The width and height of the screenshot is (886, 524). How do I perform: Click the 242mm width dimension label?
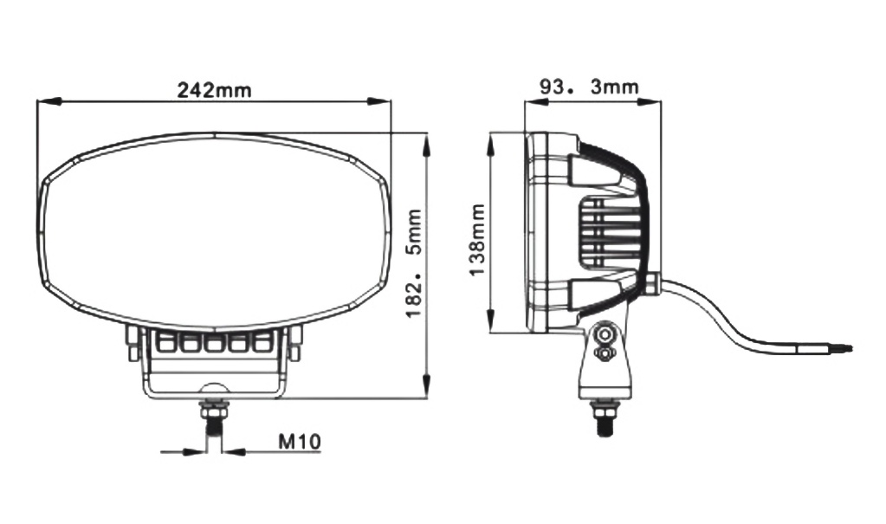[214, 89]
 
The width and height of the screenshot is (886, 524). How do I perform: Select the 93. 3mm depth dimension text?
[589, 87]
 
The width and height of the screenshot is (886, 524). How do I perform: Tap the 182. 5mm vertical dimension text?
[415, 262]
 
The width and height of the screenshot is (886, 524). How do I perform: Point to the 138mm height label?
[477, 240]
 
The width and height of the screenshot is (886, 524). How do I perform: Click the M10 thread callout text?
[300, 440]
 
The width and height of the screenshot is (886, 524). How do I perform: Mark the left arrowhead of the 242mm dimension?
[49, 101]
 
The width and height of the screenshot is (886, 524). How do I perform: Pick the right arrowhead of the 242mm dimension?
[378, 101]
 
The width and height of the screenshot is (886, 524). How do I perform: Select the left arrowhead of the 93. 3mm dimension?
[536, 101]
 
